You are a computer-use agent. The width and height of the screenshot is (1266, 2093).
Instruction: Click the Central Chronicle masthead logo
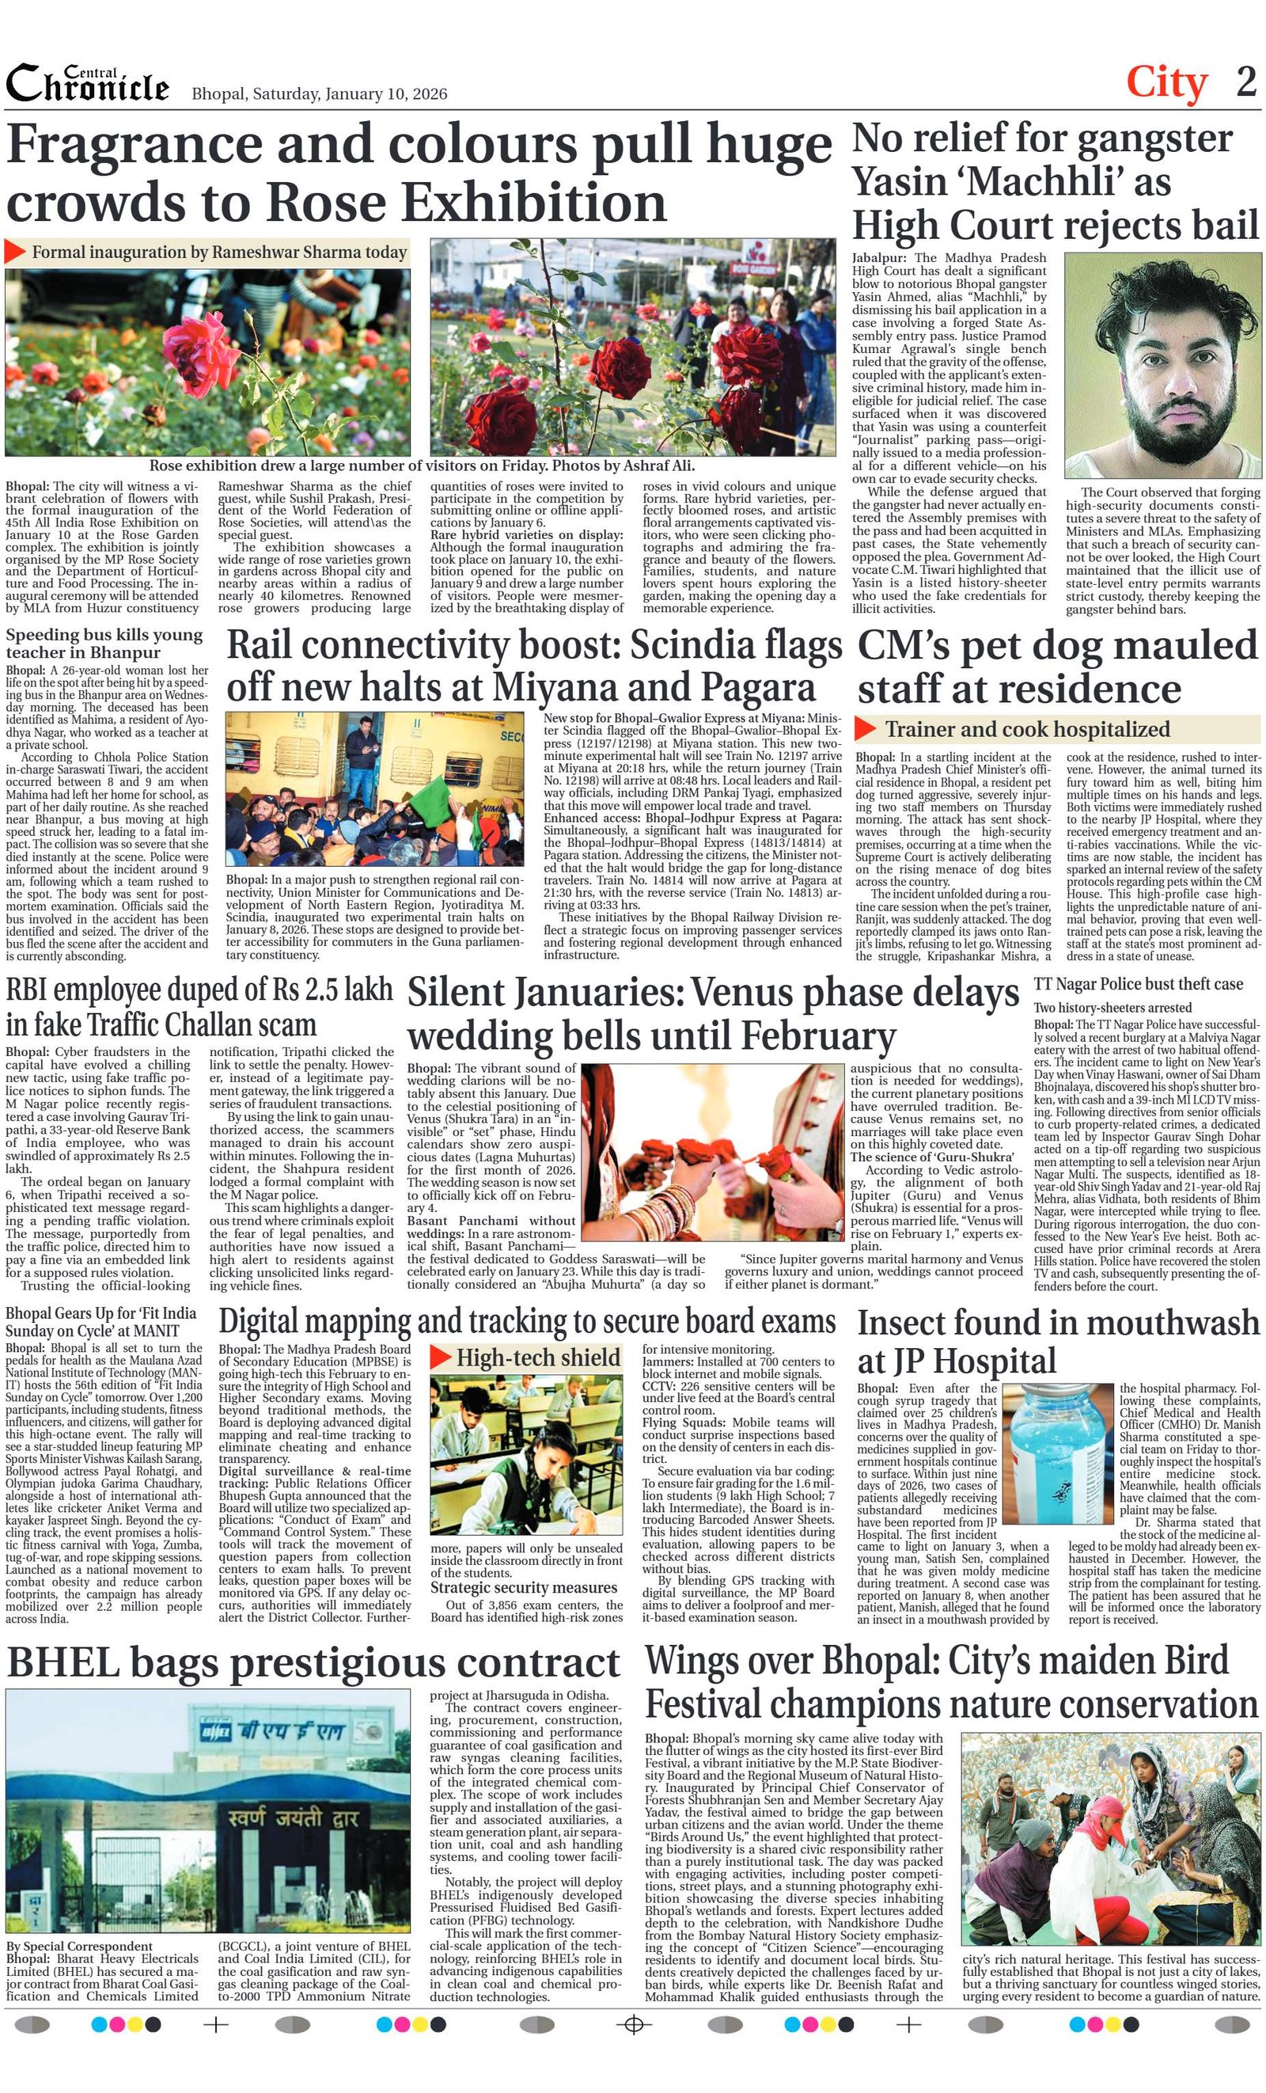86,85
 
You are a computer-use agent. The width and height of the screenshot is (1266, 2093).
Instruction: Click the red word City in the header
1166,83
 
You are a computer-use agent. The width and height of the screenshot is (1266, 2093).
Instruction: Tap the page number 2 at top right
1245,82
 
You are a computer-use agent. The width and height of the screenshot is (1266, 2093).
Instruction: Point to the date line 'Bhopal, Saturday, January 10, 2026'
319,93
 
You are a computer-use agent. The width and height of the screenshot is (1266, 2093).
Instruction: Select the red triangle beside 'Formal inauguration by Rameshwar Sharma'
15,252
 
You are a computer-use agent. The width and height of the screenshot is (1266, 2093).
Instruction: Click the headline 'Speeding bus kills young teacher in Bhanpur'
104,643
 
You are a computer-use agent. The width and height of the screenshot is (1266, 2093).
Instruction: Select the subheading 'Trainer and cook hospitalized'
1026,729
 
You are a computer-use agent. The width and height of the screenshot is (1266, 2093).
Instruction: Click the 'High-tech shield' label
537,1358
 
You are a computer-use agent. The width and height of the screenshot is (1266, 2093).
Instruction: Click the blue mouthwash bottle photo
1057,1453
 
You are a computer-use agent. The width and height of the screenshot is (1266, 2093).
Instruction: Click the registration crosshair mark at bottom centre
632,2025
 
